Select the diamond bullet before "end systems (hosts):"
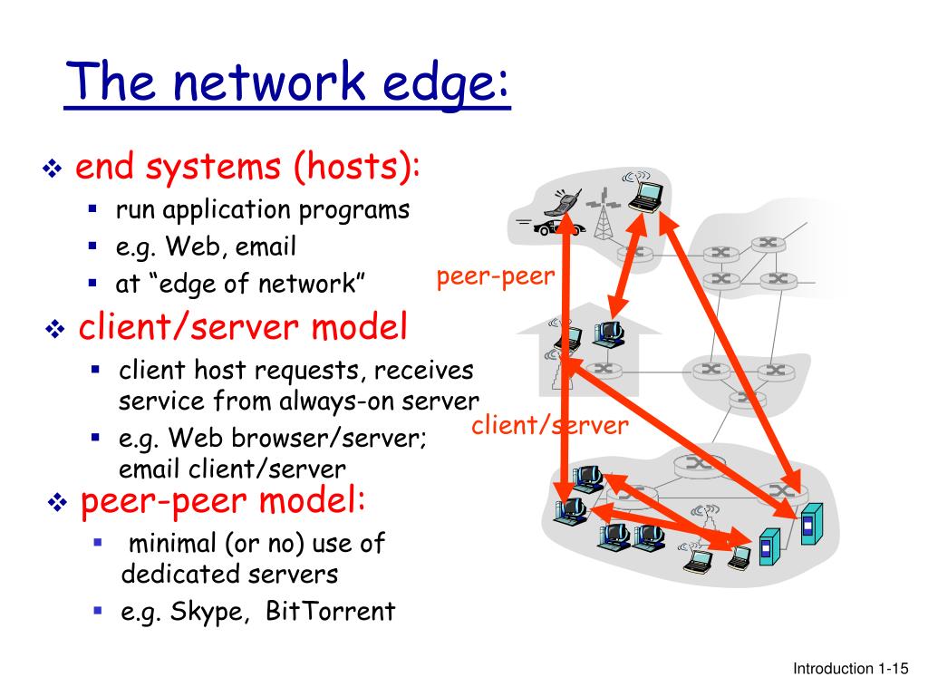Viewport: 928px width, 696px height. (52, 169)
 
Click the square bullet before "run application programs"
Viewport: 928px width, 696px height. (92, 209)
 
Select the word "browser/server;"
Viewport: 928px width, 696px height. (331, 439)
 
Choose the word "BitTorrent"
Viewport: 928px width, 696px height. (331, 611)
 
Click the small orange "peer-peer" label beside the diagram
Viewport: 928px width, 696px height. (495, 277)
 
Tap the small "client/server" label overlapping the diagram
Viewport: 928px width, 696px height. (549, 425)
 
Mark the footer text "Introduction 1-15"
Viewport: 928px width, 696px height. (850, 669)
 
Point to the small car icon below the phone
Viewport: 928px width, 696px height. (546, 226)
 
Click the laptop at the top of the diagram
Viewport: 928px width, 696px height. (649, 195)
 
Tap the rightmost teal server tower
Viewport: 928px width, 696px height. (810, 523)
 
